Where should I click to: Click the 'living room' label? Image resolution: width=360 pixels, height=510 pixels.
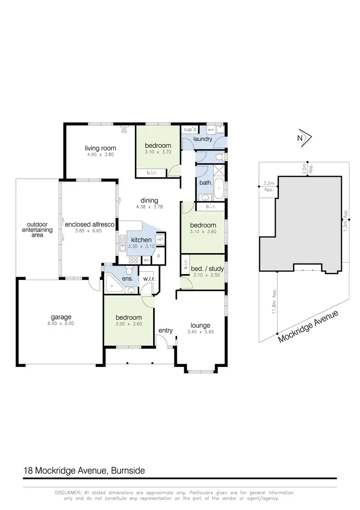coord(101,148)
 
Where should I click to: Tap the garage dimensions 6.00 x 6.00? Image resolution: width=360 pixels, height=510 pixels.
coord(61,324)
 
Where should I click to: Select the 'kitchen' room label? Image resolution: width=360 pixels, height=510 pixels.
coord(141,240)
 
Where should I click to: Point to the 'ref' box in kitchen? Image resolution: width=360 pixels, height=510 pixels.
coord(160,239)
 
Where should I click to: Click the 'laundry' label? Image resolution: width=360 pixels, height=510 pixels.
coord(203,139)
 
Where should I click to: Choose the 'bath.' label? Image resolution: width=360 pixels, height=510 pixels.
coord(205,182)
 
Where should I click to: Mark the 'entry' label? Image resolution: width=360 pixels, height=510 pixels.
coord(166,330)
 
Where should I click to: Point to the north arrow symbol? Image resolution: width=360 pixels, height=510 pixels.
coord(305,138)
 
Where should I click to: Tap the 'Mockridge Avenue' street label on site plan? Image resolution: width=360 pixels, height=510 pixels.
coord(308,327)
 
